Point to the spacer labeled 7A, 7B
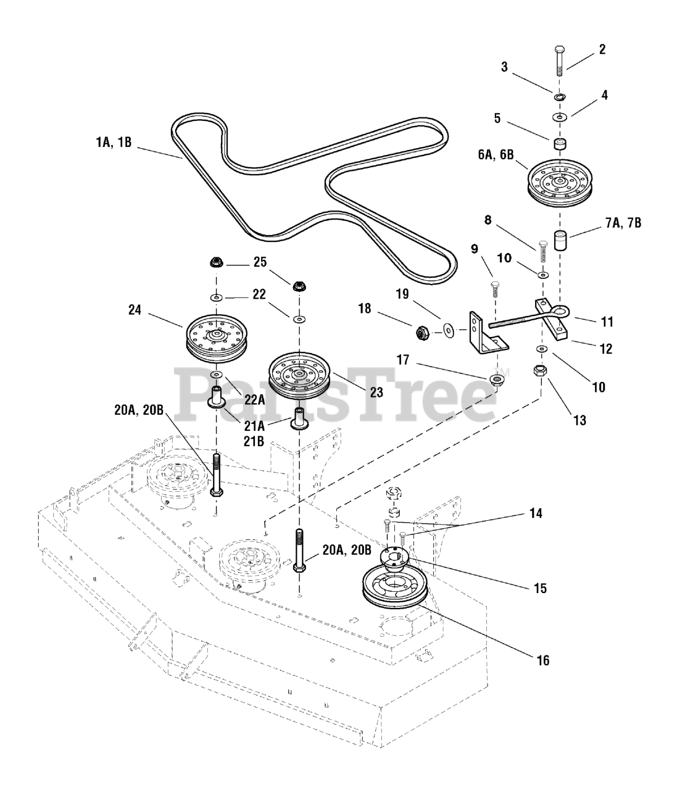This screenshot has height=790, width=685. click(x=560, y=239)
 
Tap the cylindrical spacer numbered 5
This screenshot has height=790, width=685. click(x=560, y=146)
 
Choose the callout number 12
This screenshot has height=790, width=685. click(x=605, y=349)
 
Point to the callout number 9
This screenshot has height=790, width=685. click(x=474, y=250)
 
